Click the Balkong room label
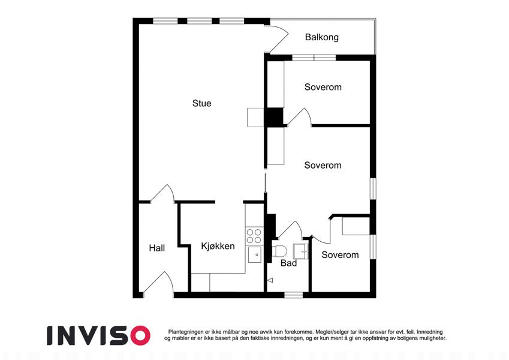click(322, 37)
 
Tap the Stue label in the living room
click(201, 103)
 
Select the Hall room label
click(157, 248)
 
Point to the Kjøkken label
click(218, 246)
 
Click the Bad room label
click(288, 263)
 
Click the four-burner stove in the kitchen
click(254, 236)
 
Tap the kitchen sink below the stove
click(255, 254)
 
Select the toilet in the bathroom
click(279, 251)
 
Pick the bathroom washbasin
click(301, 251)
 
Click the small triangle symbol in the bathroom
click(270, 280)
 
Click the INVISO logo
click(98, 335)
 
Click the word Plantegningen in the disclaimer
click(186, 332)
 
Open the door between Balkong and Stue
click(276, 39)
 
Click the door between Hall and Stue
click(162, 194)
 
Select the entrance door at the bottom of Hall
click(158, 284)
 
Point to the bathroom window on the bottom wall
click(293, 295)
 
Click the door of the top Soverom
click(299, 117)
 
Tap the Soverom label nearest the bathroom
click(340, 255)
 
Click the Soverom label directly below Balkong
click(323, 87)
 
